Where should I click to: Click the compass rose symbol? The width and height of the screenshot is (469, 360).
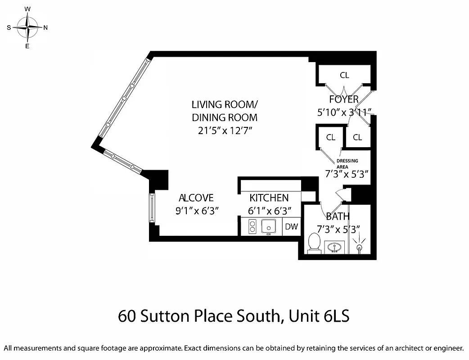coord(27,27)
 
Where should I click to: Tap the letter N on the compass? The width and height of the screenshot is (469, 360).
coord(45,27)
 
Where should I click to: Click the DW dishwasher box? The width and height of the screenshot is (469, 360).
coord(291,226)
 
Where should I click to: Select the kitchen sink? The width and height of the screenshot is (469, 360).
coord(269,226)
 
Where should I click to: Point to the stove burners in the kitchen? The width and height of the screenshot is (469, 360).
coord(252,226)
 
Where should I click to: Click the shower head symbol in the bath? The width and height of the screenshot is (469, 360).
coord(359,247)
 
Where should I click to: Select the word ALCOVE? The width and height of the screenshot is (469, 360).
coord(196,198)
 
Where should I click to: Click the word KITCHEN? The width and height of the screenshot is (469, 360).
coord(269,198)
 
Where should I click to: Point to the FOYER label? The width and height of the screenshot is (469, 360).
coord(344,99)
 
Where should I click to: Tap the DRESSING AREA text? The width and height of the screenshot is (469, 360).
coord(347,163)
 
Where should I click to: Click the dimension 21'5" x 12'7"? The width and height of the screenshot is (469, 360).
coord(225,130)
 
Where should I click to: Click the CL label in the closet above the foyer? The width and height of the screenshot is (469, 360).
coord(344,75)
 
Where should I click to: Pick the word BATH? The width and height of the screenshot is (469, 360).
coord(338,216)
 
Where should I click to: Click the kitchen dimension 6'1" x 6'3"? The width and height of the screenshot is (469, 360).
coord(269,210)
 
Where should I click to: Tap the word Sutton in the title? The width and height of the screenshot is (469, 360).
coord(163,316)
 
